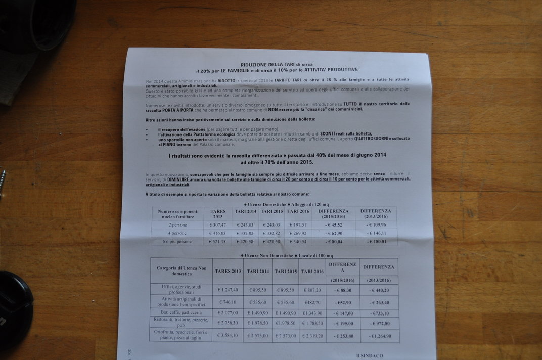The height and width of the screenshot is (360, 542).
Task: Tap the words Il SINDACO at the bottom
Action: coord(370,355)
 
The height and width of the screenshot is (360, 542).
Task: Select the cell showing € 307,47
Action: coord(217,224)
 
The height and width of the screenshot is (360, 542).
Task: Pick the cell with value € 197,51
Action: coord(298,225)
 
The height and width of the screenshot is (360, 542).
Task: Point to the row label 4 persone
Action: coord(177,233)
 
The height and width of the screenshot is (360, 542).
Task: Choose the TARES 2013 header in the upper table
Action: coord(218,214)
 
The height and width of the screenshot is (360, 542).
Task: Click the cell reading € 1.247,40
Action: coord(228,290)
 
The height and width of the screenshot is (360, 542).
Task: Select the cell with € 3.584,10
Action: coord(228,335)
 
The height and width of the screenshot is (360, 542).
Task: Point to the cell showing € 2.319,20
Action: coord(312,336)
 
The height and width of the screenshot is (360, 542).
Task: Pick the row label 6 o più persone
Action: coord(177,242)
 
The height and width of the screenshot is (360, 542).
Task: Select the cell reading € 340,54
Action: coord(297,242)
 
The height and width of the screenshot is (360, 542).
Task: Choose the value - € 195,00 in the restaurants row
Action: coord(343,323)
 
